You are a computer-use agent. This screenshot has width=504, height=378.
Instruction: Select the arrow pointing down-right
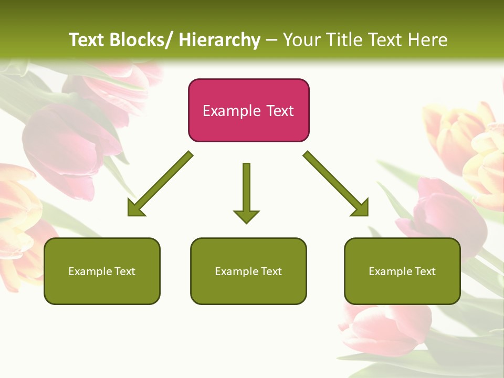336,184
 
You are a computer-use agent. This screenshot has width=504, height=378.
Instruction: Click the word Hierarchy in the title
219,40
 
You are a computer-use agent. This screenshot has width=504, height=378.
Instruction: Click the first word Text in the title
88,40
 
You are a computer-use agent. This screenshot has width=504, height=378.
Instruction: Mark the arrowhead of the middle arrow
246,216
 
